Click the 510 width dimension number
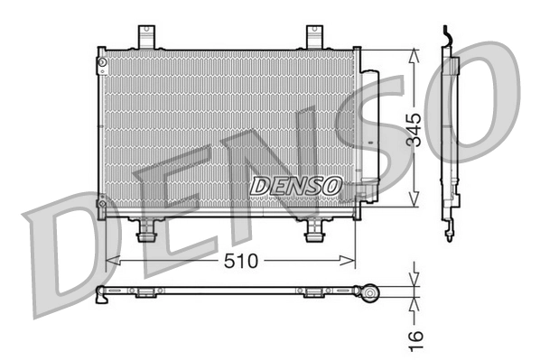(237, 261)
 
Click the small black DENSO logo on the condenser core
(295, 185)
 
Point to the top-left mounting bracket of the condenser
(145, 37)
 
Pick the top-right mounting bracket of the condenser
(314, 37)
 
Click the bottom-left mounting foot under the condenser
(144, 232)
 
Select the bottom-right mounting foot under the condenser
(313, 232)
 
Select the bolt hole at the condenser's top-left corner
(102, 62)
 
